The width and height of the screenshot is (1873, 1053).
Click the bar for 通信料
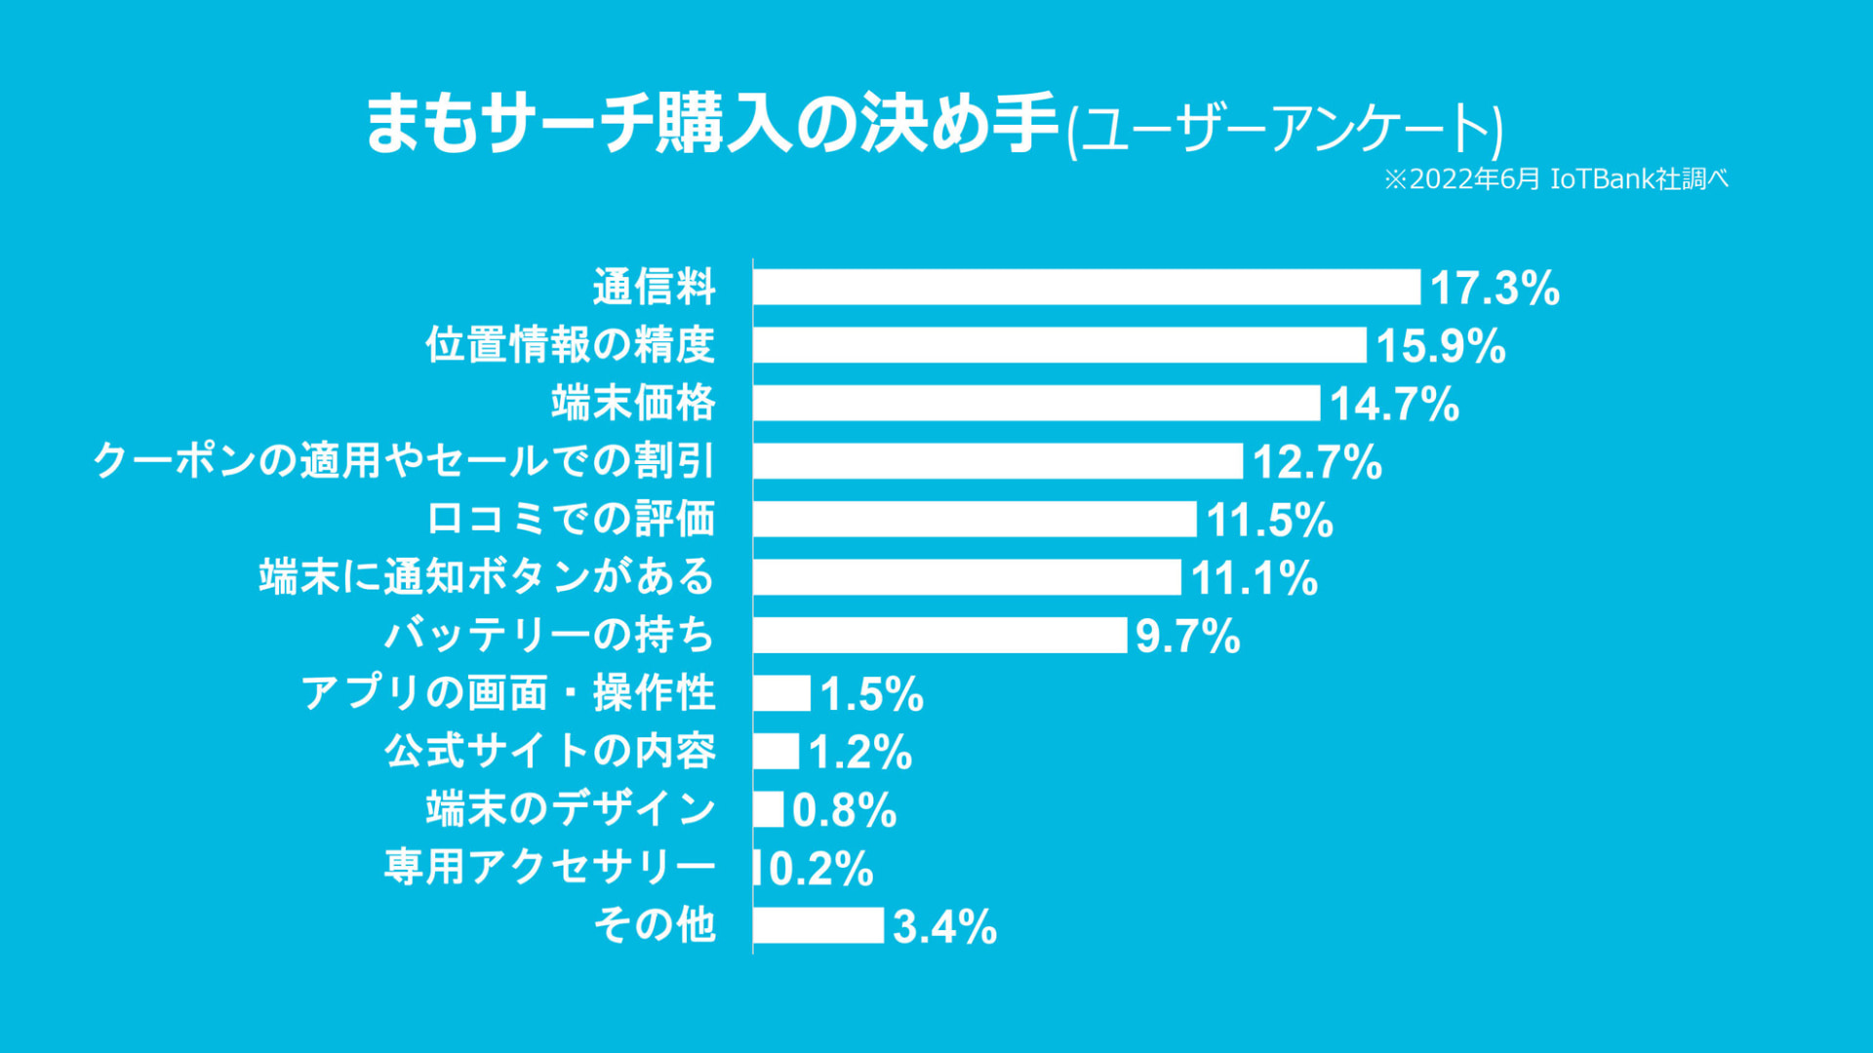(1086, 288)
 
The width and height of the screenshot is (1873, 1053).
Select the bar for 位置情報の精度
(1059, 345)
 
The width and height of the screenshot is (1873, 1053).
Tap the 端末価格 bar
(1036, 403)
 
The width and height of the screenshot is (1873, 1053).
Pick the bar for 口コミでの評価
(975, 519)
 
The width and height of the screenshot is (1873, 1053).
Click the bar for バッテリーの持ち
(939, 635)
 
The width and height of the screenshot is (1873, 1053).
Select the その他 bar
(817, 925)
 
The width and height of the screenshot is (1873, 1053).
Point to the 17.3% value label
(1494, 289)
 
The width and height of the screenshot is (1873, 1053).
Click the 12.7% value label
(1317, 462)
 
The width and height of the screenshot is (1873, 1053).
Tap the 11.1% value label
(1255, 578)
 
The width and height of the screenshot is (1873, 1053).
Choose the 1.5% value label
(871, 694)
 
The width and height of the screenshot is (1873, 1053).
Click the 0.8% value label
(844, 810)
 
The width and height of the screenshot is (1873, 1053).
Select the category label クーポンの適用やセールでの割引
(404, 461)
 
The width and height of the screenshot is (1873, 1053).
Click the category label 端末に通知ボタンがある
(487, 577)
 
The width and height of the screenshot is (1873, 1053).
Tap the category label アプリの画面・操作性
(508, 693)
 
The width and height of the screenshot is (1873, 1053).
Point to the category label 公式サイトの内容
(550, 751)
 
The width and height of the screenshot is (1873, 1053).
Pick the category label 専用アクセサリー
(550, 867)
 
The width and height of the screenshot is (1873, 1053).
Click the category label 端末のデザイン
(571, 809)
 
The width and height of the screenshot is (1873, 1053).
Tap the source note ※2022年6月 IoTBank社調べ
(1556, 179)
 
